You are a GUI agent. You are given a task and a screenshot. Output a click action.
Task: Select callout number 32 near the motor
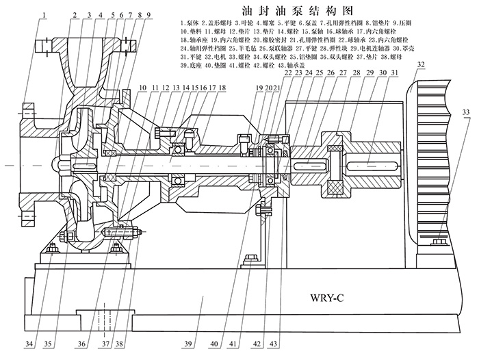click(x=419, y=65)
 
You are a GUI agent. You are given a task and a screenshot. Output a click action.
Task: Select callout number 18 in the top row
click(x=221, y=88)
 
